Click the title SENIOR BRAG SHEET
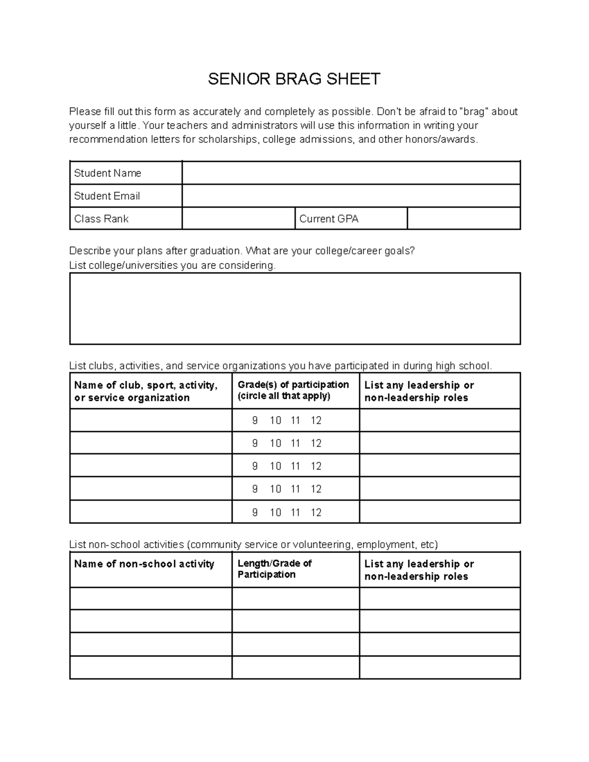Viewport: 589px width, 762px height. pos(294,79)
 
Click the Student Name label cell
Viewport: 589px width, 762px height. pos(107,173)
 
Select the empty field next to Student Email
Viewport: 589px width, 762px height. pos(351,196)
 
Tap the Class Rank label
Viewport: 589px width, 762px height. pos(101,219)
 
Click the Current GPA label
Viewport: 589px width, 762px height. pos(329,219)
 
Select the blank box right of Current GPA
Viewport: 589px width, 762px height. pos(463,219)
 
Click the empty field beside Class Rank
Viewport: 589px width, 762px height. pos(239,219)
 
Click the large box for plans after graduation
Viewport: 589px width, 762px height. pos(294,309)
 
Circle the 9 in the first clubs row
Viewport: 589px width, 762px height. pos(255,420)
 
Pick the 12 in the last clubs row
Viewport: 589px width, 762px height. pos(316,512)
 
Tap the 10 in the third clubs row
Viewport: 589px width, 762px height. pos(275,466)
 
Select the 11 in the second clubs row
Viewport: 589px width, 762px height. pos(295,443)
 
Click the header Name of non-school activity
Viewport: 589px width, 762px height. pos(144,564)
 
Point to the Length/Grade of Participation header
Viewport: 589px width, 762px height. pos(274,569)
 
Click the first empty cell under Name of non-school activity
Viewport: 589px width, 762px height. pos(151,599)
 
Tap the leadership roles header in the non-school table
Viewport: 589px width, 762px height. pos(419,570)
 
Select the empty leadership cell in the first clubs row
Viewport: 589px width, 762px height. pos(440,420)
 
